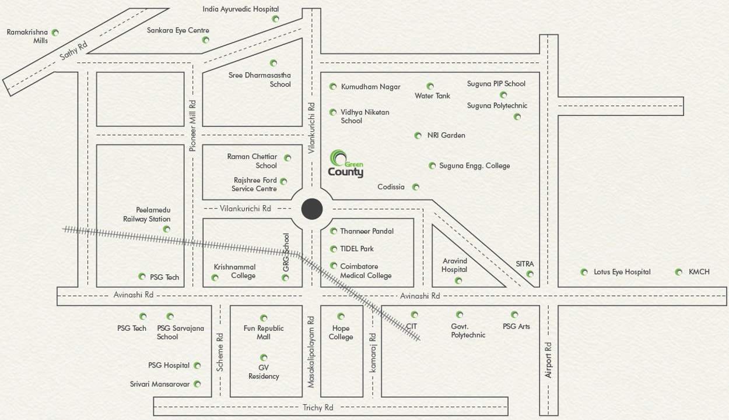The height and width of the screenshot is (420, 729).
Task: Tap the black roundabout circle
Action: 312,209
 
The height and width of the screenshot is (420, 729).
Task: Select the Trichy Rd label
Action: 318,407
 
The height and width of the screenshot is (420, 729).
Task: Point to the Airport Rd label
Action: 548,360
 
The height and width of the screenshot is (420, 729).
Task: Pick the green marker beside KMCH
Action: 678,272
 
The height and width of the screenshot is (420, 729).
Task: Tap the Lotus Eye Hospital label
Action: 622,272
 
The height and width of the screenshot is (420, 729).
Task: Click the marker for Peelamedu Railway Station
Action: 167,229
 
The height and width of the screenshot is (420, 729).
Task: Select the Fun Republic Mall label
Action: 264,332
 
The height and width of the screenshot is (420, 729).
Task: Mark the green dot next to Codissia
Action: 416,187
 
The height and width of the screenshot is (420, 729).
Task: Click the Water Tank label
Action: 432,96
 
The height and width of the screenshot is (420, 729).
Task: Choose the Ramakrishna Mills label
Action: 27,36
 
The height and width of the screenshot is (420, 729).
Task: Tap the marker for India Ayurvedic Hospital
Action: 275,19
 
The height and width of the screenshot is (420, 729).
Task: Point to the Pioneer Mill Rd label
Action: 192,125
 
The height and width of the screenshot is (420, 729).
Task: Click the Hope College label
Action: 341,333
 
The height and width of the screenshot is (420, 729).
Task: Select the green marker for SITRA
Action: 530,274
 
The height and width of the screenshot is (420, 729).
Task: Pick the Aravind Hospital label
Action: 454,266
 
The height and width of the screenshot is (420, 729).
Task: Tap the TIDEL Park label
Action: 357,249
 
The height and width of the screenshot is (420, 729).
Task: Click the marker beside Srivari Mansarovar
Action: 197,384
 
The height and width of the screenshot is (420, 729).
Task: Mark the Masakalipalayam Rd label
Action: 311,352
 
